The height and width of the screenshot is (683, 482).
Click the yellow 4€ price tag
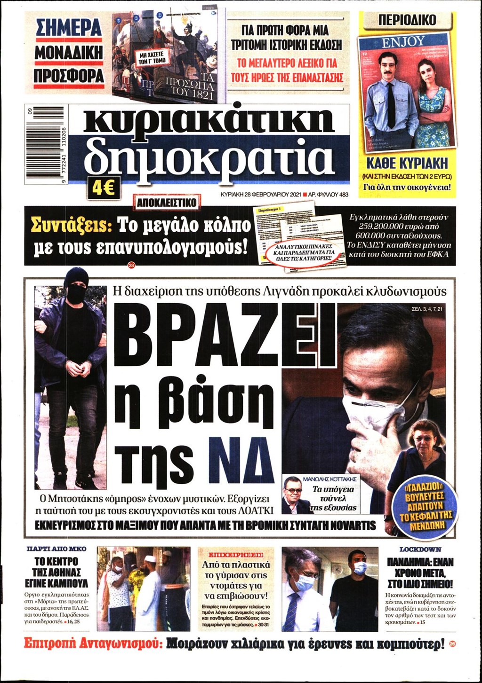(104, 190)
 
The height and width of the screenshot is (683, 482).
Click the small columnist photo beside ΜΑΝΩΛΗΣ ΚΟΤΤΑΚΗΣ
(295, 495)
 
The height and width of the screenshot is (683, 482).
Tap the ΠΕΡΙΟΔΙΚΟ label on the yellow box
(408, 20)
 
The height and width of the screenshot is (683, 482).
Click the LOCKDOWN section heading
(420, 549)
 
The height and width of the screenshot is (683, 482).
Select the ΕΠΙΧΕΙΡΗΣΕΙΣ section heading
(237, 554)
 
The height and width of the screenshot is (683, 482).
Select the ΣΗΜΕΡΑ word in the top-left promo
(69, 28)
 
